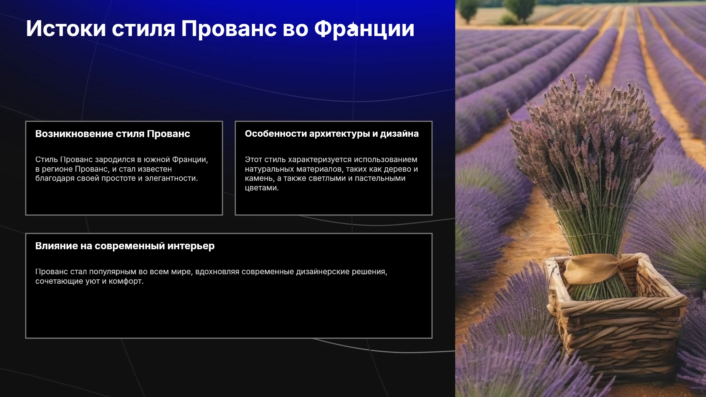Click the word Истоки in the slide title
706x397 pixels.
coord(66,29)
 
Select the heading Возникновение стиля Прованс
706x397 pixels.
coord(113,134)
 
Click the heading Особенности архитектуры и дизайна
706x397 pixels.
coord(332,134)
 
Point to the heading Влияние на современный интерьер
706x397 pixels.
coord(125,246)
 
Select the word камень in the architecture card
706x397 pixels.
coord(259,179)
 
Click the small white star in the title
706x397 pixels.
coord(353,27)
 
